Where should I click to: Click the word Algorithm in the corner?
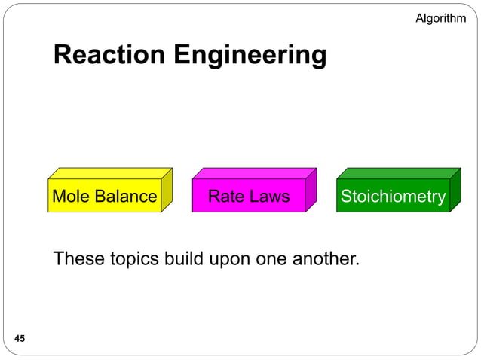pyautogui.click(x=440, y=18)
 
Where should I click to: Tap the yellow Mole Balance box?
pyautogui.click(x=104, y=197)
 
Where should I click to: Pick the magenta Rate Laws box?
pyautogui.click(x=249, y=197)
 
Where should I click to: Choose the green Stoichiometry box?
pyautogui.click(x=393, y=197)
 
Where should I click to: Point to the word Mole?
pyautogui.click(x=72, y=197)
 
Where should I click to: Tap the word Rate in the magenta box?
pyautogui.click(x=225, y=197)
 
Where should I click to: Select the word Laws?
pyautogui.click(x=269, y=197)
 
